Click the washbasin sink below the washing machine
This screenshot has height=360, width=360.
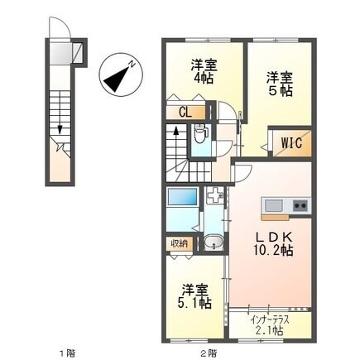click(x=214, y=243)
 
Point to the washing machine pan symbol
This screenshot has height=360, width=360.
click(x=214, y=199)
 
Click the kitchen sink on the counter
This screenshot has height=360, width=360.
click(x=274, y=204)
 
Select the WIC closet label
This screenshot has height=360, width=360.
click(x=291, y=142)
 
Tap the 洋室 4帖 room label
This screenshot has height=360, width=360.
click(x=203, y=72)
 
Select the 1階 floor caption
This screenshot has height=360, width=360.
click(x=65, y=353)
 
